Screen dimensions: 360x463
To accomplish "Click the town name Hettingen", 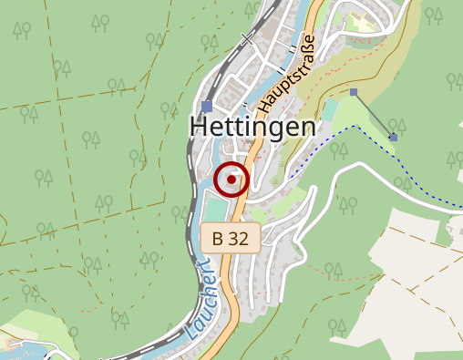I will tap(252, 128).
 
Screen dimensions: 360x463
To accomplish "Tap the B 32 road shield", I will tap(231, 239).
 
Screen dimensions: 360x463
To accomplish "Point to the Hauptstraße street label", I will tap(286, 75).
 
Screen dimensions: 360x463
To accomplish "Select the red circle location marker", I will tap(231, 180).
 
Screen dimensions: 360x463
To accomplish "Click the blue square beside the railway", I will tap(207, 107).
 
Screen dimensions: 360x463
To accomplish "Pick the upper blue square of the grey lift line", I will tap(354, 92).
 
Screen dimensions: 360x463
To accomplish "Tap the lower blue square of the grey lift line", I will tap(394, 138).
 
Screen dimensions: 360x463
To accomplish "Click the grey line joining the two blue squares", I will tap(374, 115).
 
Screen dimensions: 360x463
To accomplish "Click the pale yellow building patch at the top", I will tap(364, 22).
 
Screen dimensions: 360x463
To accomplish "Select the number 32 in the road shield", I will tap(240, 239).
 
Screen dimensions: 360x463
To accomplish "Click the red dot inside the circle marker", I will tap(231, 180).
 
